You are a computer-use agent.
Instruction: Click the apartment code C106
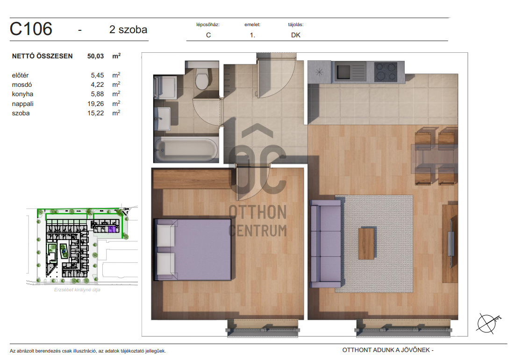(31, 29)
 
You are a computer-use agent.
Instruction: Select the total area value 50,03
(96, 56)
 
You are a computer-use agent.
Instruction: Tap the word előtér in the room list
(21, 75)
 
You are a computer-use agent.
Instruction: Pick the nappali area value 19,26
(96, 104)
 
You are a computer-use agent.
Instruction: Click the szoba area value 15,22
(96, 113)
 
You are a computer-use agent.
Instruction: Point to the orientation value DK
(296, 35)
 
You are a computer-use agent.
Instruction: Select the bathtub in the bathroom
(186, 149)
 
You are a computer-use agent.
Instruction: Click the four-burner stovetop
(386, 71)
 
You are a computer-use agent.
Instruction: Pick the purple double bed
(193, 250)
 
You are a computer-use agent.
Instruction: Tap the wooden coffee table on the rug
(366, 243)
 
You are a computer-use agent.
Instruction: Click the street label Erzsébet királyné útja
(77, 290)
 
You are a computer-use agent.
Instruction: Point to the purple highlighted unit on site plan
(112, 229)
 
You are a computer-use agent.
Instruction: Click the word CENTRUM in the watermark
(258, 231)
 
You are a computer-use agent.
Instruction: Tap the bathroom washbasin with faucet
(162, 118)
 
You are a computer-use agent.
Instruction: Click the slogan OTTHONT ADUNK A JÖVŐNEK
(388, 350)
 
